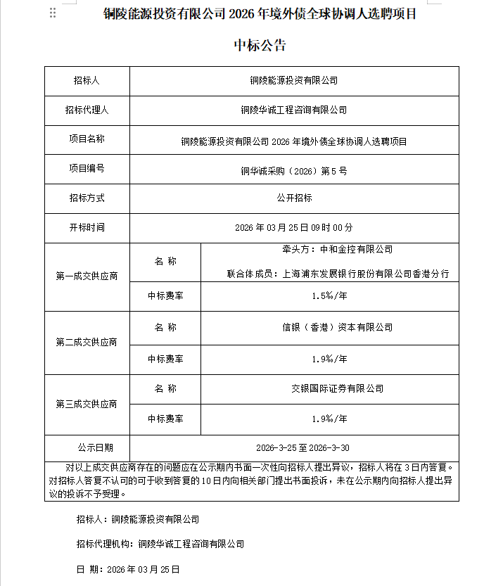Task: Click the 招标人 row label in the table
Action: click(x=87, y=81)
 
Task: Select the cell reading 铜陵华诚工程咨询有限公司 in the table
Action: click(x=294, y=110)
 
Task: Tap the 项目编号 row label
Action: click(x=87, y=168)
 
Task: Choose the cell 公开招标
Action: click(x=294, y=198)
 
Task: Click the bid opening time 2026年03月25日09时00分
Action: click(x=294, y=228)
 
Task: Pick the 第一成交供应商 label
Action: click(x=87, y=277)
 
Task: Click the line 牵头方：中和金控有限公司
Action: click(x=337, y=250)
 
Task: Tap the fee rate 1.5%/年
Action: click(x=329, y=297)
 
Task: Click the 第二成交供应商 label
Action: click(x=87, y=343)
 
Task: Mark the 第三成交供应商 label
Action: click(x=87, y=405)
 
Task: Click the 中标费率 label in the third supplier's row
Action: click(x=165, y=419)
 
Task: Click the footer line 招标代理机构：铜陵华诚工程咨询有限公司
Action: click(x=160, y=544)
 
